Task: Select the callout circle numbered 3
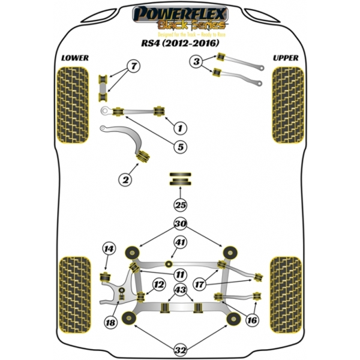[x=196, y=61]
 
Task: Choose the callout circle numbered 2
[x=125, y=179]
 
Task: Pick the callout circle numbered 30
[x=181, y=224]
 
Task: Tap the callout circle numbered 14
[x=108, y=249]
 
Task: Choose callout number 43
[x=180, y=290]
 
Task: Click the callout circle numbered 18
[x=110, y=323]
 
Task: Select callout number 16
[x=251, y=320]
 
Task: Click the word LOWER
[x=74, y=58]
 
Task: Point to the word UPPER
[x=286, y=58]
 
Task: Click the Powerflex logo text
[x=179, y=12]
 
